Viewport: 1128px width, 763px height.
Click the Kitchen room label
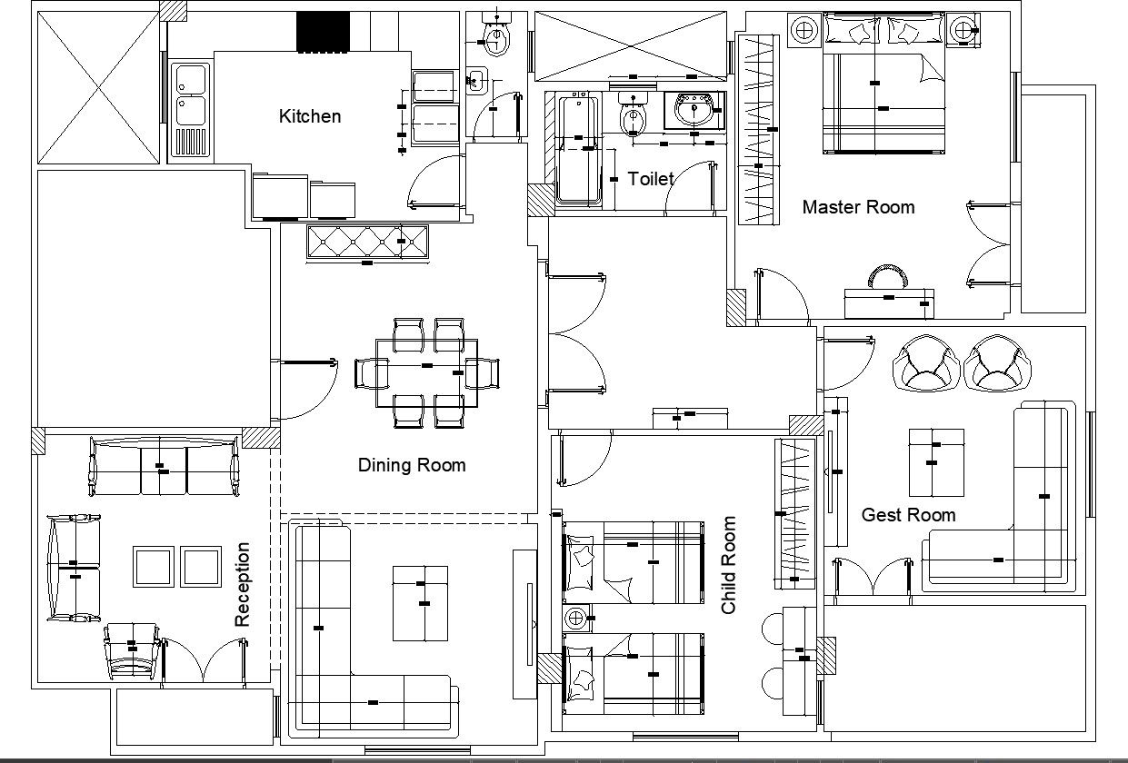point(310,116)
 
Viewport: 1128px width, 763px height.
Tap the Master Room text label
point(858,207)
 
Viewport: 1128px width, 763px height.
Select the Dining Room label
point(411,465)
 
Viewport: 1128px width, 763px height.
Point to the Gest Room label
point(908,515)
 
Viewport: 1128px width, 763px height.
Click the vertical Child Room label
point(729,565)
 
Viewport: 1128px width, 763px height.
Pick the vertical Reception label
point(243,585)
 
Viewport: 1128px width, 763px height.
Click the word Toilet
point(651,179)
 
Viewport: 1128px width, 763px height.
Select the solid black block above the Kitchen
point(323,32)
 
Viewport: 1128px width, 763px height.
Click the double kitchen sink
point(190,95)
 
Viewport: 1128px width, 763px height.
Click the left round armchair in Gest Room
point(927,363)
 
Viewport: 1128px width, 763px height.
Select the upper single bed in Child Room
point(634,562)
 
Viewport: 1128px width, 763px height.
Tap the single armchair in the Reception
point(134,649)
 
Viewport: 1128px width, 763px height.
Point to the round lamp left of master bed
point(803,30)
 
